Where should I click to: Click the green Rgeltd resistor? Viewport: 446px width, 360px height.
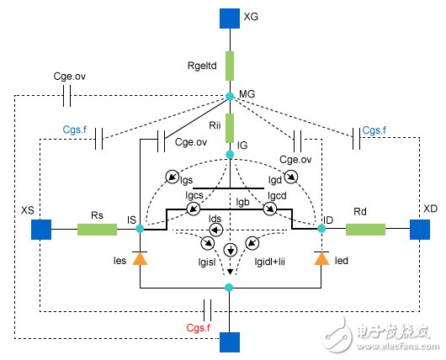(x=230, y=59)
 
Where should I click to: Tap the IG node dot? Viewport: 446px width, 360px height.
(x=230, y=154)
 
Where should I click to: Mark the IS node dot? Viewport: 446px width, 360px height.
(x=140, y=228)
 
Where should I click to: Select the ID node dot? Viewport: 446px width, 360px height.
(x=321, y=228)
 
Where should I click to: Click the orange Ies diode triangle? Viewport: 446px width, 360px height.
(x=140, y=261)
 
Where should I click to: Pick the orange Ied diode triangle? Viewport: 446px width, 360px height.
(x=321, y=261)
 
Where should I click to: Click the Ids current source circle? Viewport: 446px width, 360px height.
(x=215, y=228)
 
